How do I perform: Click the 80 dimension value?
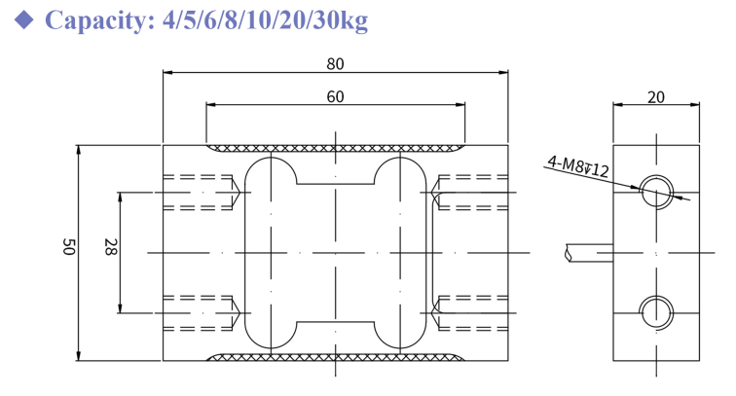tap(336, 64)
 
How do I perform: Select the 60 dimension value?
tap(336, 96)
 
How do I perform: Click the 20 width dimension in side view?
tap(655, 96)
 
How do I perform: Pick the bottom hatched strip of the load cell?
tap(336, 356)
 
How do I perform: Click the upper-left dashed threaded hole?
tap(200, 191)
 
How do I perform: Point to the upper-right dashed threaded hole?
tap(471, 191)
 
